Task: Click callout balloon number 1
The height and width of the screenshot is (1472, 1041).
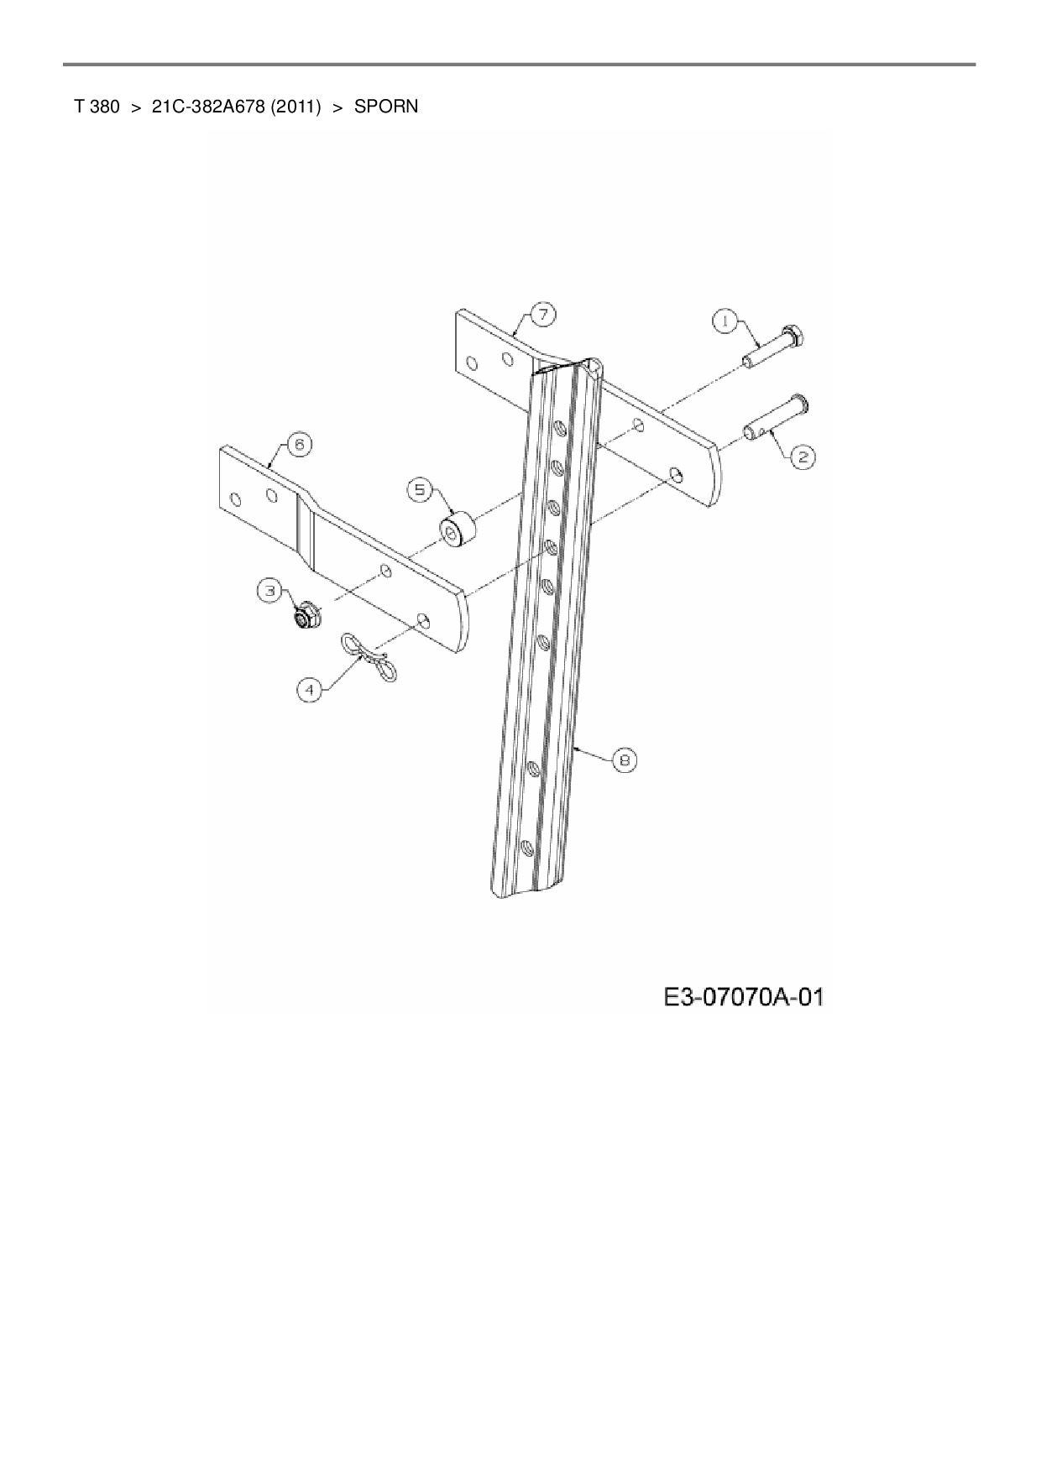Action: pos(725,320)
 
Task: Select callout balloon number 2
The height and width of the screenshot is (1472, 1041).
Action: pos(802,457)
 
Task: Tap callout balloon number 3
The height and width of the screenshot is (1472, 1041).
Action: pos(270,591)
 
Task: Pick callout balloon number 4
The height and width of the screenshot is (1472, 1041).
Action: pos(310,689)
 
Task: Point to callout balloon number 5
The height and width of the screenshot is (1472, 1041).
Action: pos(421,489)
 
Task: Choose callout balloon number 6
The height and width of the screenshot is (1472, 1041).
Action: pos(300,444)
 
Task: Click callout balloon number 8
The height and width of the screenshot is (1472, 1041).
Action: pos(624,760)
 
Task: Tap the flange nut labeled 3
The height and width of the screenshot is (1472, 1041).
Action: pos(303,617)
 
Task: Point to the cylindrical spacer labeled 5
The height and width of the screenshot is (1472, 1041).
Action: pos(458,531)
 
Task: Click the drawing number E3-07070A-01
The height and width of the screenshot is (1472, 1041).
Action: pos(743,997)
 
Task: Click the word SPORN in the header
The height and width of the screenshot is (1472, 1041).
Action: pos(385,107)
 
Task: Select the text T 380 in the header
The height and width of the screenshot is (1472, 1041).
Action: pos(96,107)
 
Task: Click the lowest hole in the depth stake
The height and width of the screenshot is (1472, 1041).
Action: pos(526,848)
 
